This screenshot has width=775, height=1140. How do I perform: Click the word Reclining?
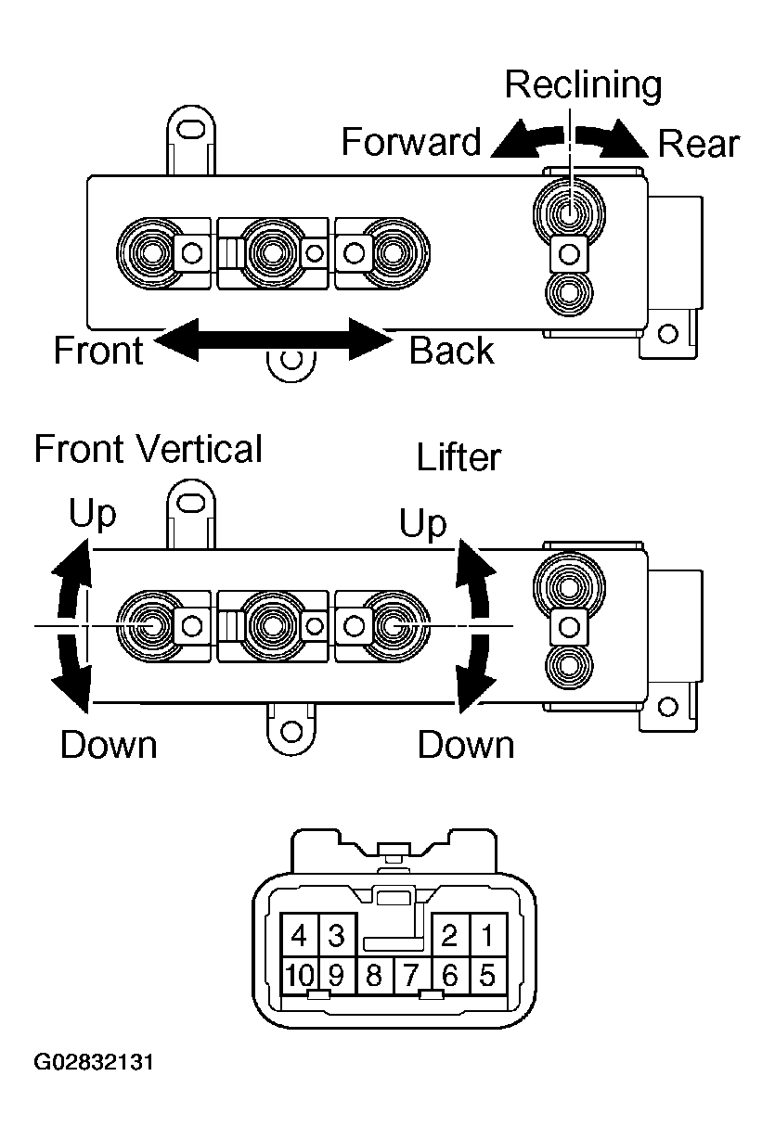(583, 86)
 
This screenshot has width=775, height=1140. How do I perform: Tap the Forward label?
(411, 142)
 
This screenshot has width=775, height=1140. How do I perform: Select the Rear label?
(698, 144)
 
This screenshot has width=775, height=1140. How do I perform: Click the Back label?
(452, 351)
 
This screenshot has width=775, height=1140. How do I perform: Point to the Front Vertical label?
(149, 449)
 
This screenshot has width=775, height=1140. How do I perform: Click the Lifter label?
(459, 456)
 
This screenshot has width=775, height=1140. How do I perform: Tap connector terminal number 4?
(299, 935)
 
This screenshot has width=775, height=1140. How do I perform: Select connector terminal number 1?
(488, 935)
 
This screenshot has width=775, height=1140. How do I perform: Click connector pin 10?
(300, 975)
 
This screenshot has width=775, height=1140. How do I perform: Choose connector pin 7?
(411, 975)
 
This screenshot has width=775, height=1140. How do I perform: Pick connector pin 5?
(488, 975)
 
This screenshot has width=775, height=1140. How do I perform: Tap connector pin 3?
(337, 935)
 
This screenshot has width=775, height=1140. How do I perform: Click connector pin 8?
(374, 975)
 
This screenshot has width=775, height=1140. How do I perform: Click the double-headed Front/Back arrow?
(274, 339)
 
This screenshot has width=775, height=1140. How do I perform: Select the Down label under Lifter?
(466, 745)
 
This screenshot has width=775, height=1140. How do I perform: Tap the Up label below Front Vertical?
(93, 513)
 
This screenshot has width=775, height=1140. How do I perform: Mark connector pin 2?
(450, 935)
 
